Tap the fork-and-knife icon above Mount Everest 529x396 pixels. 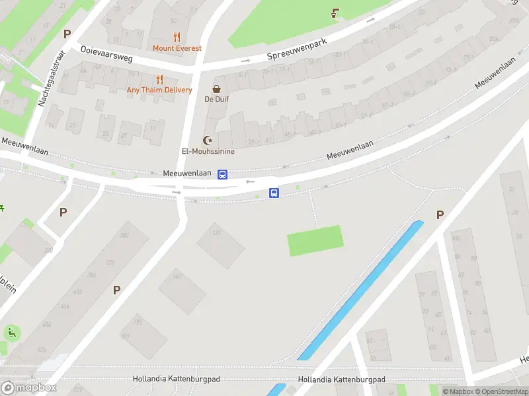[x=176, y=37]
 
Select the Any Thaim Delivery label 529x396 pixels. [x=159, y=90]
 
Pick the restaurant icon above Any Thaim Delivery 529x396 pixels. [x=159, y=79]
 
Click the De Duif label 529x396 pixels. [x=216, y=99]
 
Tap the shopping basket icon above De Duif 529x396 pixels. [x=216, y=89]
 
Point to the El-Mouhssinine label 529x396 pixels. [x=208, y=151]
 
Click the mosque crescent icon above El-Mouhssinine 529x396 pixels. [x=208, y=141]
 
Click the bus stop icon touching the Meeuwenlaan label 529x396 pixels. [x=223, y=174]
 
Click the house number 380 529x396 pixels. [x=123, y=236]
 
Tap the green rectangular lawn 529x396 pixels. [x=315, y=240]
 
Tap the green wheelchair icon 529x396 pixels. [x=11, y=333]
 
